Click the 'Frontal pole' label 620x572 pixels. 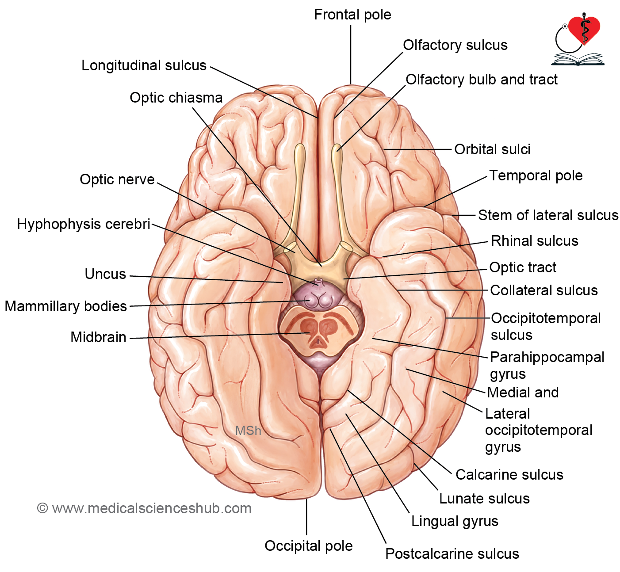pos(352,15)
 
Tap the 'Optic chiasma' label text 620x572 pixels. pos(176,98)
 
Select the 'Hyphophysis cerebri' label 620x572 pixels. pos(84,224)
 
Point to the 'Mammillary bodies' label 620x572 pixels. pos(66,306)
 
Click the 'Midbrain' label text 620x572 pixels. pos(98,337)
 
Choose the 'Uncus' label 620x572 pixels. pos(105,274)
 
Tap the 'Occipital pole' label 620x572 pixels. pos(308,546)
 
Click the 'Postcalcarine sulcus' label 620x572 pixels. pos(452,553)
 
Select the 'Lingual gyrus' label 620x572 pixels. pos(455,521)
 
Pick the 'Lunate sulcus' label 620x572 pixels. pos(484,498)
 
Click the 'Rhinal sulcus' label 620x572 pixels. pos(535,241)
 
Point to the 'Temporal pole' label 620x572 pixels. pos(536,175)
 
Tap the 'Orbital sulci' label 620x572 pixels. pos(492,149)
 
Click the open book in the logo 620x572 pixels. pos(578,59)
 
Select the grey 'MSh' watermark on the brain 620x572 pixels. pos(248,431)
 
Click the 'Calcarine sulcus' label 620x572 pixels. pos(509,475)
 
